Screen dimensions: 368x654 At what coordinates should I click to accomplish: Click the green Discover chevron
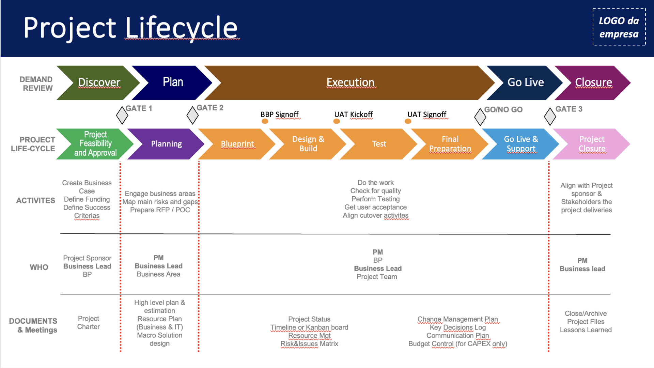[x=99, y=82]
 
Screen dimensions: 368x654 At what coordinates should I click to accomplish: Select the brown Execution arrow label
[x=350, y=82]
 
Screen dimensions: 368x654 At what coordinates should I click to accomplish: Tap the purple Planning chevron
[x=166, y=144]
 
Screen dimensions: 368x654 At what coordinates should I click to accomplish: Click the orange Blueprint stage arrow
[x=237, y=144]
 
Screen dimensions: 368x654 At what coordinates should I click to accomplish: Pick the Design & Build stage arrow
[x=308, y=144]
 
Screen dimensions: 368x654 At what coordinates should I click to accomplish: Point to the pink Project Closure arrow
[x=592, y=144]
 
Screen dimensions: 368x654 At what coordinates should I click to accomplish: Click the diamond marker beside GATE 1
[x=122, y=115]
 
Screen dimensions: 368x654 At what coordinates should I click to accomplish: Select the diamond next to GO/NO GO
[x=480, y=117]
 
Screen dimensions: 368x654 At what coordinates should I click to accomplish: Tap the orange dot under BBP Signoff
[x=265, y=121]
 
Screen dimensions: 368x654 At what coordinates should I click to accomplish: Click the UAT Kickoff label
[x=353, y=114]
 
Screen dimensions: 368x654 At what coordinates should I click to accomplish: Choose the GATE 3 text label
[x=569, y=109]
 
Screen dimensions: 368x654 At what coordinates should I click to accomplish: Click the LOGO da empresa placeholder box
[x=619, y=27]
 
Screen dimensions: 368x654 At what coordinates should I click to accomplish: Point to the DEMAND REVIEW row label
[x=36, y=84]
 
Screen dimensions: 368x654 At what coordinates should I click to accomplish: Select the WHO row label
[x=39, y=267]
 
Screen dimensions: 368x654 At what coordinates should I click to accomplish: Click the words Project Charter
[x=89, y=322]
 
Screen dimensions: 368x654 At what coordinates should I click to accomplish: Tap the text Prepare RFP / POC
[x=160, y=210]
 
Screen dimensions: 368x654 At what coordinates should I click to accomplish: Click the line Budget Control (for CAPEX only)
[x=457, y=344]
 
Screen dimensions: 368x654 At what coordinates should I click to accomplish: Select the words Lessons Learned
[x=586, y=330]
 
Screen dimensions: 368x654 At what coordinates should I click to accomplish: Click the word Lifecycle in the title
[x=182, y=28]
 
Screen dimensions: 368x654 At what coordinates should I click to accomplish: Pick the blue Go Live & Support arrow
[x=520, y=144]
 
